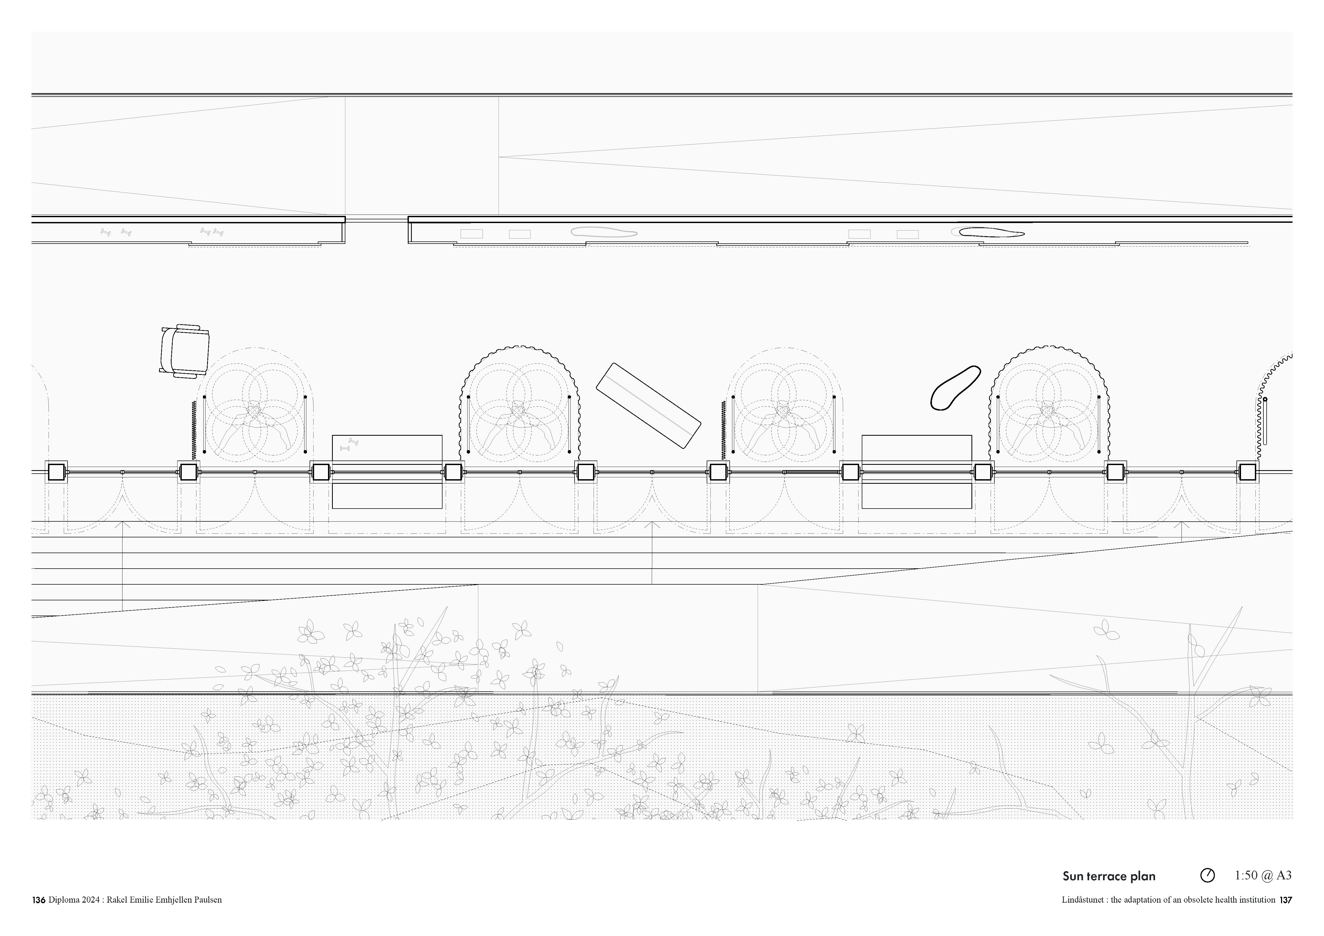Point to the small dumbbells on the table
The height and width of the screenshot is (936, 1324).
349,444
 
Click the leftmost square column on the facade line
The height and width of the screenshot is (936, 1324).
57,473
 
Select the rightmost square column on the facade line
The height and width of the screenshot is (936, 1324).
1247,473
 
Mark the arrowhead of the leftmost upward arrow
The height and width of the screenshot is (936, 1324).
122,525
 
